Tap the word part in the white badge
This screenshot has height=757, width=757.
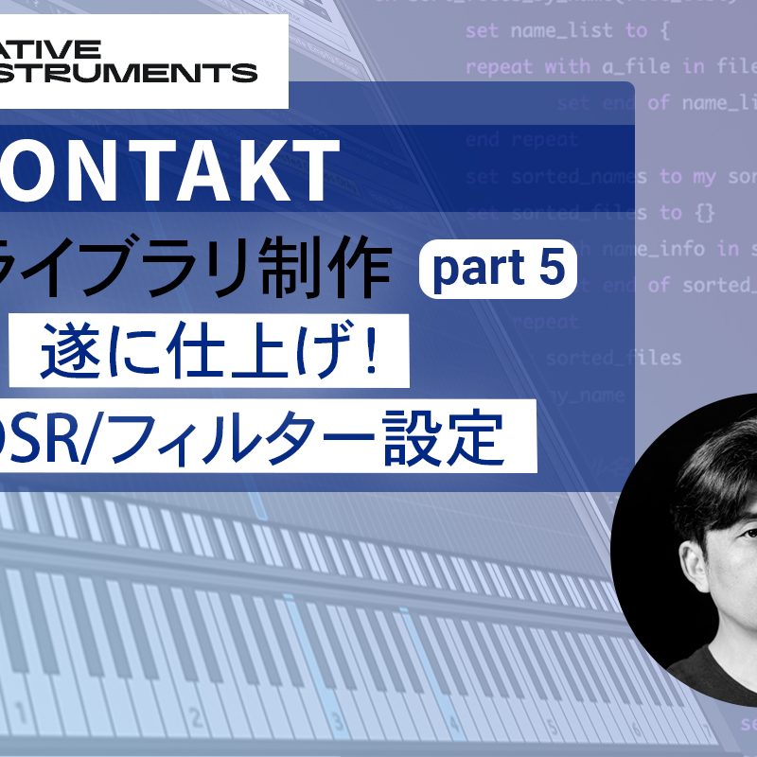tap(471, 271)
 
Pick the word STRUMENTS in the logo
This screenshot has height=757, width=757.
tap(132, 73)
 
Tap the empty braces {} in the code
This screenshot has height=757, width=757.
tap(704, 212)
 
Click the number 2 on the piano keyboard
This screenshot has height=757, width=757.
tap(196, 716)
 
